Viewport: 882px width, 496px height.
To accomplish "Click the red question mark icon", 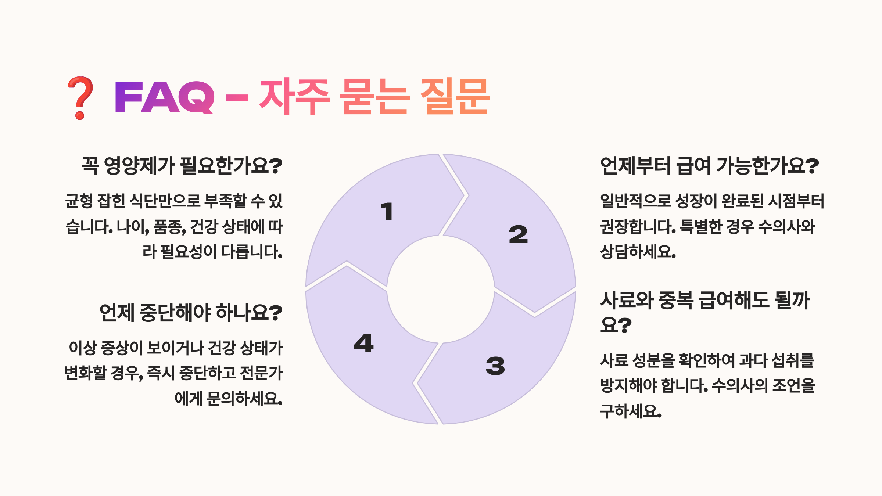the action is coord(80,98).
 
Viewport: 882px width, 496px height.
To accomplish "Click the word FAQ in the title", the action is coord(164,98).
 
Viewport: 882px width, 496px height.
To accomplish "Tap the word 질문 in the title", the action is coord(455,97).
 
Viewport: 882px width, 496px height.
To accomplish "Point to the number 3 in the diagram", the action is coord(495,366).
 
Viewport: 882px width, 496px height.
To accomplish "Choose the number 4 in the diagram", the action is coord(364,343).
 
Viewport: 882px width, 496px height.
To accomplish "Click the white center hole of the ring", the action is coord(440,290).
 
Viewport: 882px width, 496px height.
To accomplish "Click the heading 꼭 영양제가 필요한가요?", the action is coord(182,166).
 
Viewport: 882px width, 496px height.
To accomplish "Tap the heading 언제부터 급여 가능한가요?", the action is coord(709,166).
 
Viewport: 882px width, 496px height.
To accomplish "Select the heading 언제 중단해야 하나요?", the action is coord(191,313).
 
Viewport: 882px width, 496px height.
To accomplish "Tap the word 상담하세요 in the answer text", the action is coord(638,252).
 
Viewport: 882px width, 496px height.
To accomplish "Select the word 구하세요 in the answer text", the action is coord(631,411).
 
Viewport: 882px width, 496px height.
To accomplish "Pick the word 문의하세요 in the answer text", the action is coord(244,399).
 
